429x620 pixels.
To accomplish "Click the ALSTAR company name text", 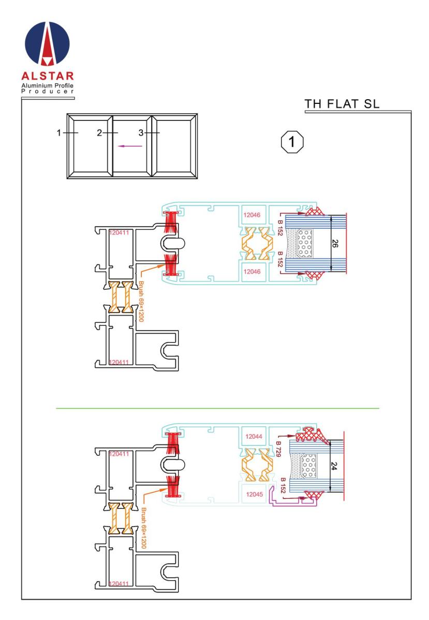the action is [x=48, y=76].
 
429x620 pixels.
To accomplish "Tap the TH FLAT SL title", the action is [x=342, y=104].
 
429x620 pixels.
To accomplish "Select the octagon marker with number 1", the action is [x=292, y=142].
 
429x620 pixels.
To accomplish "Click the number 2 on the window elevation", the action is [x=99, y=133].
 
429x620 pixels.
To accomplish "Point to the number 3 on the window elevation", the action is [x=141, y=133].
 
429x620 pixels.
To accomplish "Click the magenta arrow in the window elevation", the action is [x=130, y=146].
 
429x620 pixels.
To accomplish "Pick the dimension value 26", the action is [x=335, y=243].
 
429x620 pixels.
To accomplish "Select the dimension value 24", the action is [x=334, y=466].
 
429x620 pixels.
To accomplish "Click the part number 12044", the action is [x=254, y=437].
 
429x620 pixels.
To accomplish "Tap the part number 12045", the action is [x=254, y=494].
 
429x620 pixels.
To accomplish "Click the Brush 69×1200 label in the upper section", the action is [x=141, y=301].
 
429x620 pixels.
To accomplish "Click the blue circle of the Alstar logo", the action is [x=47, y=43].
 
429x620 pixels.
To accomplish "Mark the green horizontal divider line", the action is [x=217, y=408].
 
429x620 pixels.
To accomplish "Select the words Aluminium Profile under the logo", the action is [x=48, y=86].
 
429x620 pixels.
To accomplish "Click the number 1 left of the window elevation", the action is [x=58, y=133].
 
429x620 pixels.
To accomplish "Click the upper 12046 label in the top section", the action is [x=252, y=215].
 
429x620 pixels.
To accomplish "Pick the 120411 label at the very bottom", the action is [x=119, y=584].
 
